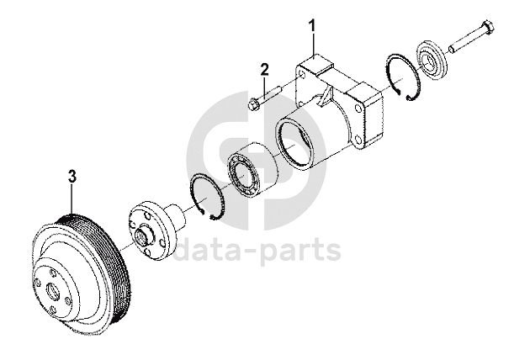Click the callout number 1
(313, 25)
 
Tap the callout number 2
(263, 69)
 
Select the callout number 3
(72, 177)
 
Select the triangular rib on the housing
(325, 100)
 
